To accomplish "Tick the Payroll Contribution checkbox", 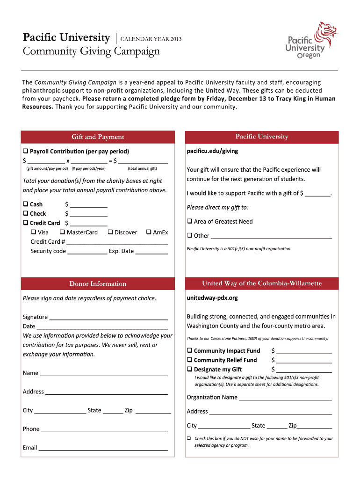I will tap(26, 151).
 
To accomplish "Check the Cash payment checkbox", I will tap(26, 204).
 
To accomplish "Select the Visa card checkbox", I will tap(34, 232).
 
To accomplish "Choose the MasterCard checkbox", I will tap(62, 232).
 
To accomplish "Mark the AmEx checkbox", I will tap(148, 232).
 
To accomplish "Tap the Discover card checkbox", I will tap(110, 232).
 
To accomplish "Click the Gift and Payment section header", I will tap(98, 137).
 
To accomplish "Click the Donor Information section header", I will tap(98, 284).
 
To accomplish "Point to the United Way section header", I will tap(262, 283).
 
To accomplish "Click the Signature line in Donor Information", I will tap(108, 318).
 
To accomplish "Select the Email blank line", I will tap(103, 449).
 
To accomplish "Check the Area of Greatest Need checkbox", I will tap(190, 221).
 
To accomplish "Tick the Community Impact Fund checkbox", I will tap(190, 350).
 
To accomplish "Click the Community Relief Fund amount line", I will tap(304, 361).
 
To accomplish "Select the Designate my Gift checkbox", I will tap(190, 369).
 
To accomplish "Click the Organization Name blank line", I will tap(285, 399).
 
